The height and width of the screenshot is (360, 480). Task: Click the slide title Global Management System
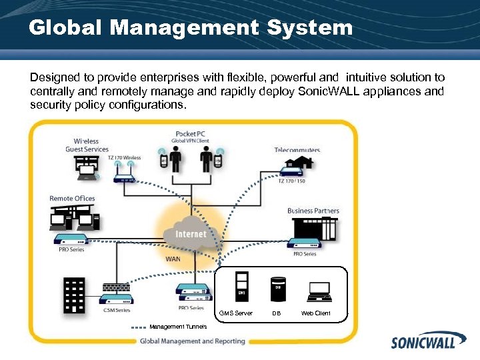(x=190, y=28)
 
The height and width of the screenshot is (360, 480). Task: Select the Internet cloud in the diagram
(x=190, y=233)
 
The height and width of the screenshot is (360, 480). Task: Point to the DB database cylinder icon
(x=277, y=289)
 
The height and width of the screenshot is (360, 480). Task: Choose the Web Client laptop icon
(x=319, y=291)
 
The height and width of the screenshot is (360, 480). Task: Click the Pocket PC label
(x=190, y=133)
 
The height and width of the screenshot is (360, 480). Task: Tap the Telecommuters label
(x=297, y=150)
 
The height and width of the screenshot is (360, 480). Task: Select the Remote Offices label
(x=72, y=198)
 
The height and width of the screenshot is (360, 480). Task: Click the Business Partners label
(x=313, y=211)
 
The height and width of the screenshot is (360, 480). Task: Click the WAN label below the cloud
(x=173, y=259)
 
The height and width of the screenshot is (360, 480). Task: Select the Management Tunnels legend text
(x=178, y=327)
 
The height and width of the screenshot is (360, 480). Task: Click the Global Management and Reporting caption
(x=192, y=341)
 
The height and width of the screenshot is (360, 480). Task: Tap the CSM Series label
(x=116, y=309)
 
